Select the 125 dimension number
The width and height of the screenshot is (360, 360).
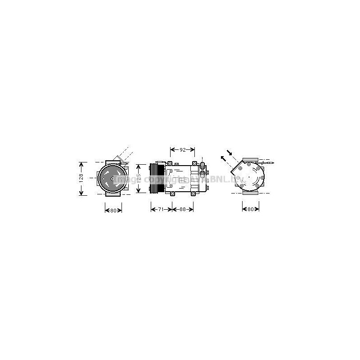click(139, 178)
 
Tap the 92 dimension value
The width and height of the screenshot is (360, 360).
click(182, 150)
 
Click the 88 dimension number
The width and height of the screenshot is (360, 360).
click(182, 209)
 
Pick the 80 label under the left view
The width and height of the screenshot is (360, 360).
click(113, 210)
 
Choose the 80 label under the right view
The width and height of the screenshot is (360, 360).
click(251, 209)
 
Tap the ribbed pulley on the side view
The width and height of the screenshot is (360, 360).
click(157, 178)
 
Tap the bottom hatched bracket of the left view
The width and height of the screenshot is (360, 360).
click(110, 195)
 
